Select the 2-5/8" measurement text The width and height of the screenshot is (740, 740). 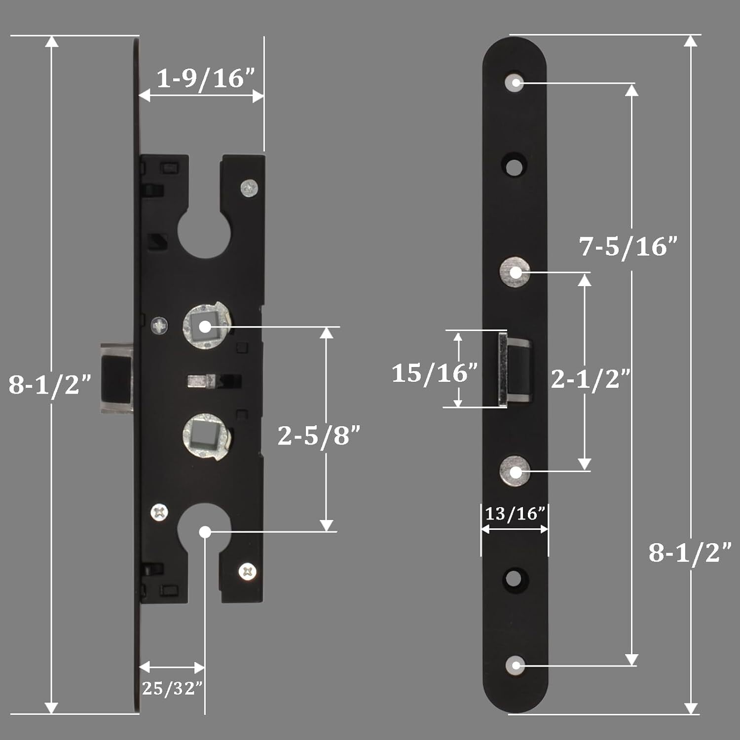[x=319, y=435]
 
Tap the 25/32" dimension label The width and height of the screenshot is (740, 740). [x=172, y=688]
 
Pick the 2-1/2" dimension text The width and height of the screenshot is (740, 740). [x=591, y=378]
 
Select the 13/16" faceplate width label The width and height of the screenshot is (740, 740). [x=515, y=514]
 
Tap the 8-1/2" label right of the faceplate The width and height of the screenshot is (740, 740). [x=689, y=552]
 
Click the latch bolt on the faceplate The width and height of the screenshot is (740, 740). [x=515, y=369]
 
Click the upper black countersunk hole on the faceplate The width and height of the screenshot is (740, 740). [x=515, y=166]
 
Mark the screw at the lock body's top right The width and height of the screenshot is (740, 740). [x=250, y=188]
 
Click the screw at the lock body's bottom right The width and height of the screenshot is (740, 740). [x=248, y=571]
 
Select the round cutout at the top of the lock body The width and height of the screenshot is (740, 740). [x=205, y=233]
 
